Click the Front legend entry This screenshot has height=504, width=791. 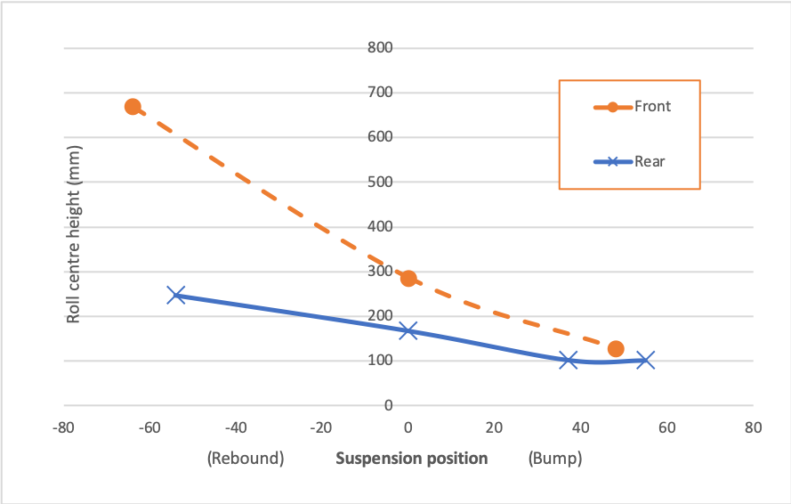click(652, 107)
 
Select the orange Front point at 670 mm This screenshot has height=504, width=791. click(133, 107)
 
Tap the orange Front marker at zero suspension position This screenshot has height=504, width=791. click(408, 279)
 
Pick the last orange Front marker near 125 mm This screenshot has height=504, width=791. click(616, 349)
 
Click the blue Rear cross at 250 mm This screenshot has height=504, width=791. click(176, 295)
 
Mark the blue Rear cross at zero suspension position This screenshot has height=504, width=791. click(408, 330)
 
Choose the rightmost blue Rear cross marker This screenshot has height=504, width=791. click(646, 360)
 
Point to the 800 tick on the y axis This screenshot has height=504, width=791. click(380, 47)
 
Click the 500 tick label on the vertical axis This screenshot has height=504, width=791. click(380, 182)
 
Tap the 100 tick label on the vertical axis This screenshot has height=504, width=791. click(380, 361)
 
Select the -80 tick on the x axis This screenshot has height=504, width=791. click(62, 427)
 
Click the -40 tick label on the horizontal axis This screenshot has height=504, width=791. click(236, 427)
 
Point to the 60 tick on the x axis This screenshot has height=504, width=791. click(667, 427)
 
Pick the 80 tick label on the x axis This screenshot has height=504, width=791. click(753, 427)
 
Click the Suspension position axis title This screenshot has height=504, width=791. click(411, 459)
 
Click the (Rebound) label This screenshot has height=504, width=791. click(245, 459)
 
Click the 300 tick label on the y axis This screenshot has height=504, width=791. click(380, 272)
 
